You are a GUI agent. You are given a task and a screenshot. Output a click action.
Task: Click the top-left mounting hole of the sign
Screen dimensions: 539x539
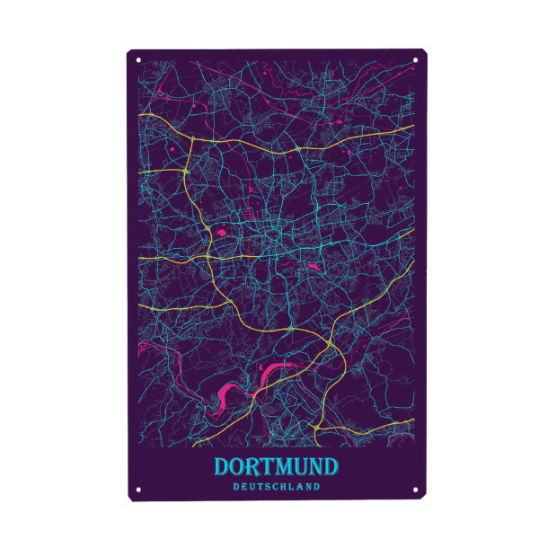point(138,61)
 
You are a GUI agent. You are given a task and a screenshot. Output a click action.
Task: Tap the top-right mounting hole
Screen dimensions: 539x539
point(416,61)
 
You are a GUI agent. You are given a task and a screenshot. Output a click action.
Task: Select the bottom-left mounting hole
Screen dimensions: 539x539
point(138,490)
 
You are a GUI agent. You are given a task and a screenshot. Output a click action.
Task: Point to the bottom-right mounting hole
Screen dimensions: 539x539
point(416,490)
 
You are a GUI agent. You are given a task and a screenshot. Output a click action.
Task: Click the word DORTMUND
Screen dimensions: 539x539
point(276,467)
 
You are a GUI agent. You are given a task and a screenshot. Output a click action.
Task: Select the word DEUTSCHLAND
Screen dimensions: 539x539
point(276,488)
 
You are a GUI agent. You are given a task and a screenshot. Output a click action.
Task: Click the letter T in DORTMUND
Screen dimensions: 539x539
point(273,467)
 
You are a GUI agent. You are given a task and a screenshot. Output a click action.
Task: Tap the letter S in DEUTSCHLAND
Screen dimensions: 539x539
point(268,488)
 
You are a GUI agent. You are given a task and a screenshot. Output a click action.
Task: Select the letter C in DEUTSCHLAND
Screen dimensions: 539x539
point(276,488)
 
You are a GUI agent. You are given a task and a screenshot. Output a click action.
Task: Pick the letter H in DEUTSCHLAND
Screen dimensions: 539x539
point(285,488)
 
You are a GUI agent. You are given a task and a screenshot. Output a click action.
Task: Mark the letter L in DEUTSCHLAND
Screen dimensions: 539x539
point(293,488)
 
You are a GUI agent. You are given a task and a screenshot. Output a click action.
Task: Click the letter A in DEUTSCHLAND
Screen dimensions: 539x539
point(301,488)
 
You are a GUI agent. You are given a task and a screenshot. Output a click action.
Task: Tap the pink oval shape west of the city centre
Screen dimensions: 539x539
point(219,235)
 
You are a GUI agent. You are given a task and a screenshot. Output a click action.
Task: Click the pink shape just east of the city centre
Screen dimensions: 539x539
point(313,266)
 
